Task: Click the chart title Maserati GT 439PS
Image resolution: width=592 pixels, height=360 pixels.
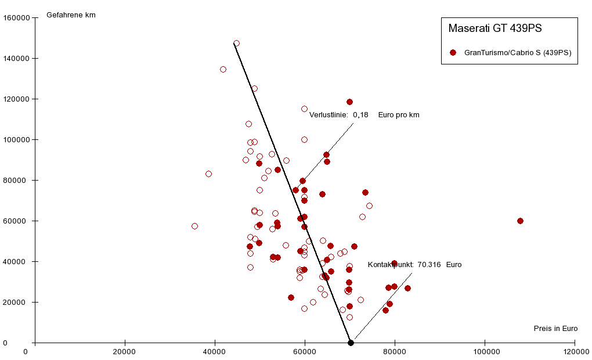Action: click(x=495, y=28)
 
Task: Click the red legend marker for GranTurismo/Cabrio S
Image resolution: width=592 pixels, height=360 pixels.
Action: click(x=453, y=52)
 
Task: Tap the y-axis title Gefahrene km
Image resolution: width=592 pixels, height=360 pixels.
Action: click(x=71, y=15)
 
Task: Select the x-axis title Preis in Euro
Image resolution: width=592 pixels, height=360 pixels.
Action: click(x=555, y=329)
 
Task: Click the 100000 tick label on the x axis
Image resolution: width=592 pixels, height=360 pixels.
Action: click(x=485, y=352)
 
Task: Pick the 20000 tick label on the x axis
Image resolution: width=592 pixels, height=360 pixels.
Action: click(x=124, y=352)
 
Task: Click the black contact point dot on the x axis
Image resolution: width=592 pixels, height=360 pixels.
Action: click(x=351, y=343)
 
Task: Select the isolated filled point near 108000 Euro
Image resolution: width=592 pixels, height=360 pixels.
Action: click(x=520, y=221)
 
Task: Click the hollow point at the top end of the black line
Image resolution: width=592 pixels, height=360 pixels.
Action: click(x=236, y=44)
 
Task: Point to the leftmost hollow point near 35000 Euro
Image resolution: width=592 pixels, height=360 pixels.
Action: click(x=194, y=226)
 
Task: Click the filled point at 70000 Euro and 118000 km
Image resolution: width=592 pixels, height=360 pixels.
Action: click(x=349, y=102)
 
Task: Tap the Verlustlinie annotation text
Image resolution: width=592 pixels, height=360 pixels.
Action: click(x=328, y=115)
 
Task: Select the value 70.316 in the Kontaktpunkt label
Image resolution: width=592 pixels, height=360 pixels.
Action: click(x=429, y=265)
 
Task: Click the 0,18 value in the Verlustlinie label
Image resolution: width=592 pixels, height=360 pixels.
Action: click(x=360, y=115)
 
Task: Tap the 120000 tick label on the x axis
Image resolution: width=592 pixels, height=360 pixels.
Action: click(x=575, y=352)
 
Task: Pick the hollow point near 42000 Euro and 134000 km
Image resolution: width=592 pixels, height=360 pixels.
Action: click(x=223, y=70)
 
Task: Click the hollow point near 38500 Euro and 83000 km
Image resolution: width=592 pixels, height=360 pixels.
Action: click(x=208, y=174)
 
